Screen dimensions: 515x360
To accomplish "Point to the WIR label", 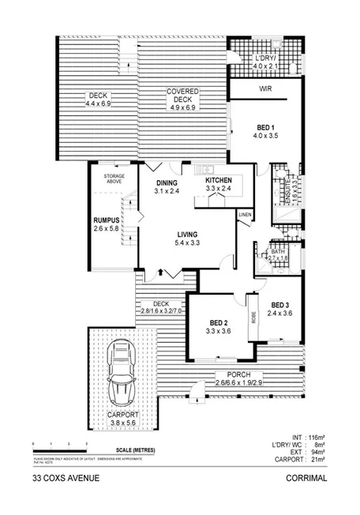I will (266, 89).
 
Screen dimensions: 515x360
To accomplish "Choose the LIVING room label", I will (187, 234).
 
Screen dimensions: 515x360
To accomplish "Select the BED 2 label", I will (219, 321).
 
